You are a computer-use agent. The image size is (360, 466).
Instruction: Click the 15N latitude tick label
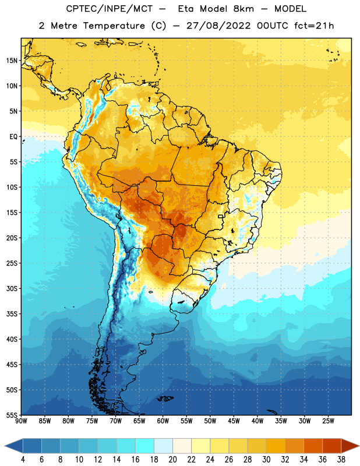point(12,61)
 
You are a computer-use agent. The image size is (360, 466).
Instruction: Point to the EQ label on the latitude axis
point(13,137)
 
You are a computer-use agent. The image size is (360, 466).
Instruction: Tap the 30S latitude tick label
point(12,288)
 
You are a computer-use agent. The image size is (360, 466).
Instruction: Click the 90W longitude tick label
point(21,421)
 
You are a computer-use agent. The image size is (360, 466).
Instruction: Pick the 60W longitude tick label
point(163,421)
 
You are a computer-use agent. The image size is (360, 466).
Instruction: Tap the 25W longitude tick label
point(328,421)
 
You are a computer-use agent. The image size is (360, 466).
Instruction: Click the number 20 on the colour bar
point(172,460)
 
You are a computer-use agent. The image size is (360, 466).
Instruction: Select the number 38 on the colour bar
point(341,460)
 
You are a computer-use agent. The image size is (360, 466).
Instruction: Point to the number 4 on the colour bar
point(23,460)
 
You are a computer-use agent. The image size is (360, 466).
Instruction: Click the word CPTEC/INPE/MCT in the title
point(109,9)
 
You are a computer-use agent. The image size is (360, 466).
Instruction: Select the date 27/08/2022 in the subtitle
point(218,26)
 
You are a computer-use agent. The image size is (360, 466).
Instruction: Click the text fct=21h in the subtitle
point(314,26)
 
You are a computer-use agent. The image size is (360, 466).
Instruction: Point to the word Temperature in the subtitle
point(114,26)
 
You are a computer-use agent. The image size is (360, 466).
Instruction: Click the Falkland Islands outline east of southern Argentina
point(165,398)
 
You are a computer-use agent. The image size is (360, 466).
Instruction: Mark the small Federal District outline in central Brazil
point(221,216)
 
